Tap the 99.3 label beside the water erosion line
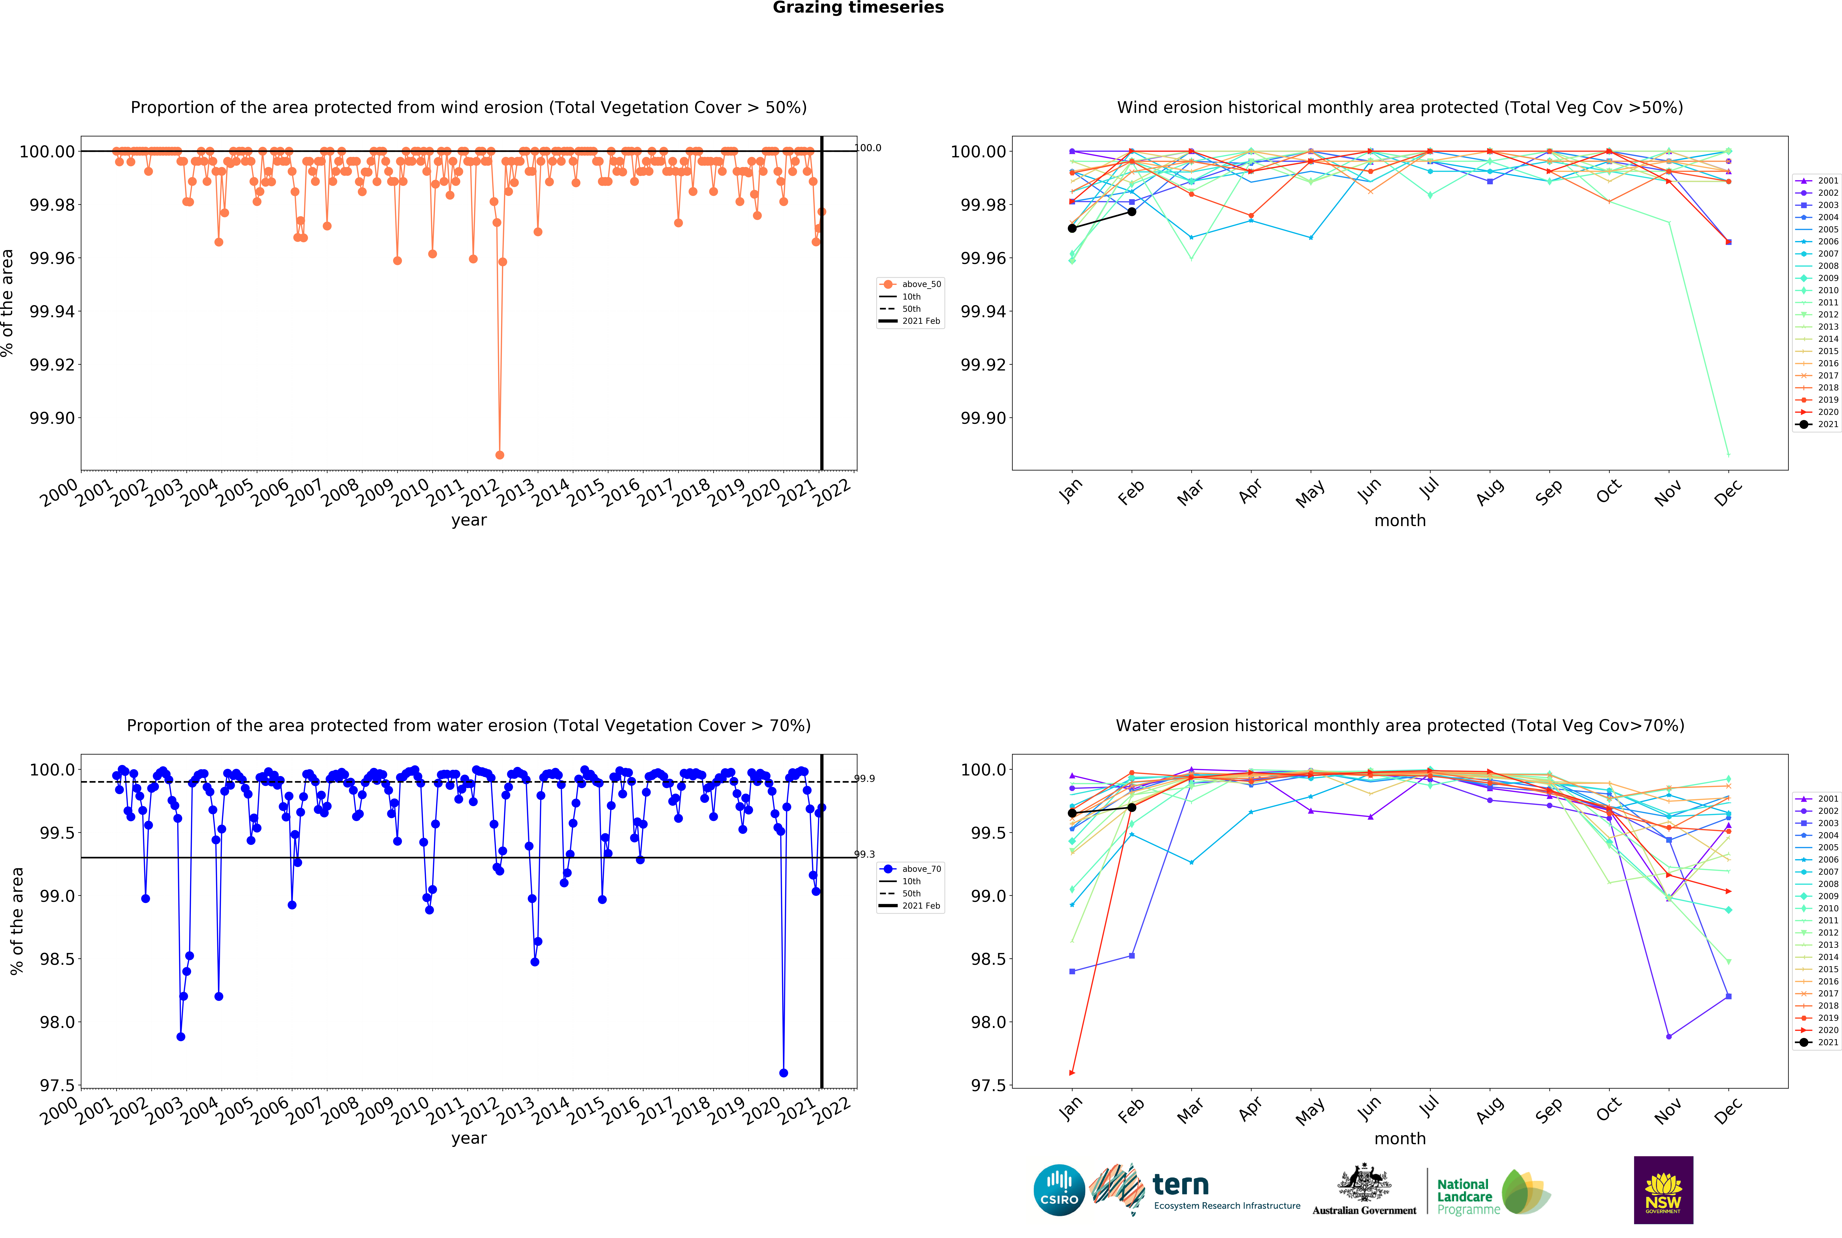coord(865,854)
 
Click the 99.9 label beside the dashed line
coord(865,779)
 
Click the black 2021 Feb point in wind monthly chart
coord(1131,212)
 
